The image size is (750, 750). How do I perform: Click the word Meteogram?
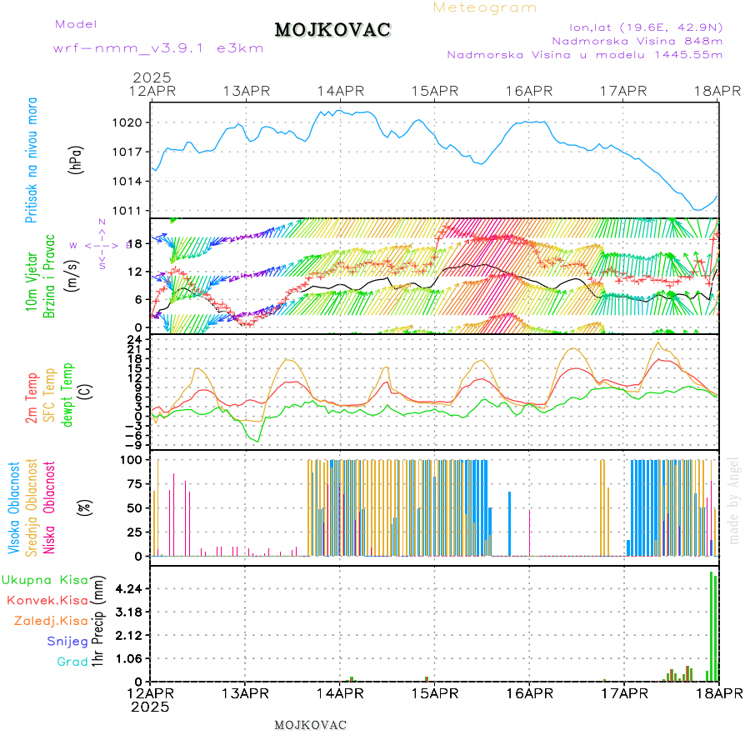[485, 7]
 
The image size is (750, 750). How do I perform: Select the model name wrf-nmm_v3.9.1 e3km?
[157, 47]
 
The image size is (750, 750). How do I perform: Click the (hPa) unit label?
[77, 158]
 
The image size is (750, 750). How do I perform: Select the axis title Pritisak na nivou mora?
[32, 161]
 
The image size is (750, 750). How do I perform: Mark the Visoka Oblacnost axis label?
[14, 507]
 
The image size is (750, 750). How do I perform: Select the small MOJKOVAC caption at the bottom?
[310, 725]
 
